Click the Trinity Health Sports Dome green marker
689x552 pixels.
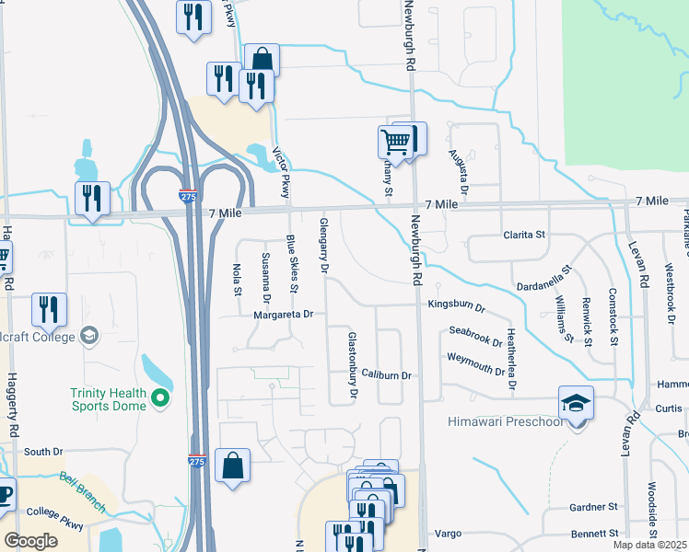click(160, 398)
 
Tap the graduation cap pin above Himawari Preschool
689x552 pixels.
click(576, 403)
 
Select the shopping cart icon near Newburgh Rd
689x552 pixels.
click(394, 142)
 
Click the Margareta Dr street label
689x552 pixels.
click(284, 315)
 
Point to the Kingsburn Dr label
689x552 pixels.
click(456, 304)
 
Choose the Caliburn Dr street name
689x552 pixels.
click(385, 375)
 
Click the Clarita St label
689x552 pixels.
click(524, 235)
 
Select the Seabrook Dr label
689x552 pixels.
click(475, 337)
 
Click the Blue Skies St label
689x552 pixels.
click(292, 264)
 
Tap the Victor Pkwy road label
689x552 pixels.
click(286, 174)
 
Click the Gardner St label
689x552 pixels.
click(592, 507)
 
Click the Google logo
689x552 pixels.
click(30, 541)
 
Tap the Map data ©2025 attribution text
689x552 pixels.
click(649, 545)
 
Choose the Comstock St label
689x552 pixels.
click(613, 315)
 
